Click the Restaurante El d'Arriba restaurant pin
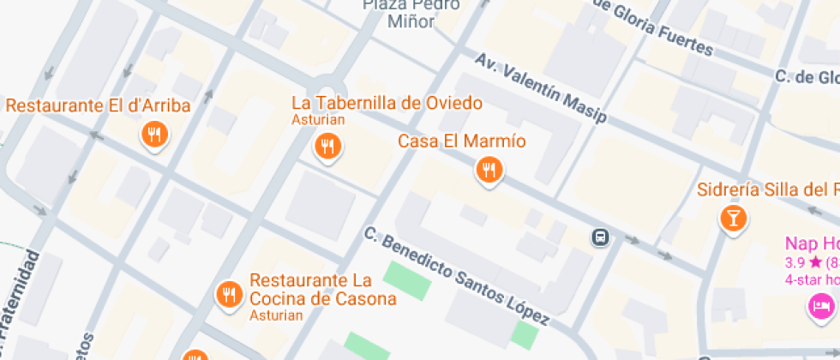pos(154,135)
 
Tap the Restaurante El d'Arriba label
pos(98,106)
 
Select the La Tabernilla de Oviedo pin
pos(326,146)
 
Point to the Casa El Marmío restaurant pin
pos(488,170)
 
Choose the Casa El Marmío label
pos(462,141)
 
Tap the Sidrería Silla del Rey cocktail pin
pos(733,217)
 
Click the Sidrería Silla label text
pos(767,189)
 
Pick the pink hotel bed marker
pos(822,305)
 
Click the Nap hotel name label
pos(811,243)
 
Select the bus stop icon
pos(601,236)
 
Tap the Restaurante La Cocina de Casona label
pos(322,290)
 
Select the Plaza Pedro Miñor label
pos(411,13)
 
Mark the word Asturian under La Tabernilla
pos(318,120)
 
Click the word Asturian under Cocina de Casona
pos(276,315)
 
